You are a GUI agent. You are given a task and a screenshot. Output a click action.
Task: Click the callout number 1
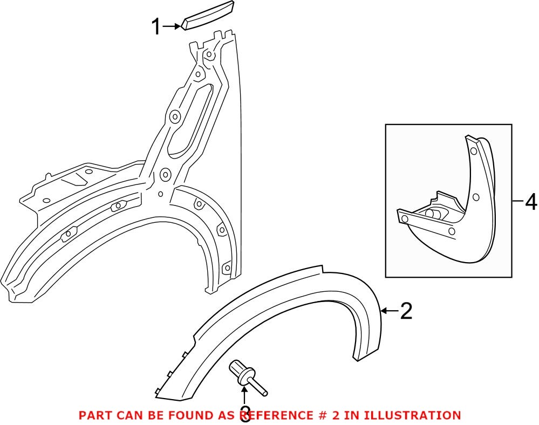coord(156,26)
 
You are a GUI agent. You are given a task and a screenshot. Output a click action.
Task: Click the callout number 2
coord(405,311)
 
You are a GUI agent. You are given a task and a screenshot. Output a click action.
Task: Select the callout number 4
coord(531,203)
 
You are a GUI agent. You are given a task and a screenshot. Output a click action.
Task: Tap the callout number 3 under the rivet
coord(245,414)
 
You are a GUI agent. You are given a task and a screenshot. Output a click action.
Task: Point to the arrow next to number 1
coord(173,26)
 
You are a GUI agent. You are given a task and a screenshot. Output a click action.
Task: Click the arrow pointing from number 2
coord(389,311)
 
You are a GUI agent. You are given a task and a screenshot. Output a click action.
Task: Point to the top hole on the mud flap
coord(473,152)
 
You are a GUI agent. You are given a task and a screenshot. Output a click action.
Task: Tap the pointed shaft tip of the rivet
coord(267,387)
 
